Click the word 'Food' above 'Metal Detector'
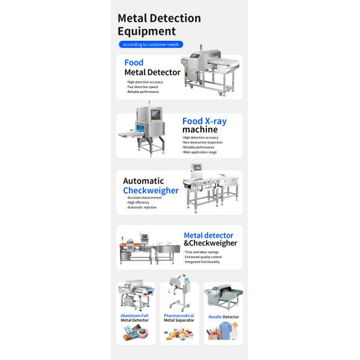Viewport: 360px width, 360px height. pos(134,62)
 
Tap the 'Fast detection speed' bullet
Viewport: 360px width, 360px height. pos(142,86)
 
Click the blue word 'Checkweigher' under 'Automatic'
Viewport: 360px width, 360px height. pos(151,190)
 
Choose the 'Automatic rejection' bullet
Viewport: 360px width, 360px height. pos(142,207)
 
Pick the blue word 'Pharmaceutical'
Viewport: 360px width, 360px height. pos(179,314)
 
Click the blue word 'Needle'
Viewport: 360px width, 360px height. pos(215,316)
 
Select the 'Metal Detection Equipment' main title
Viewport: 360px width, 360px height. pos(159,25)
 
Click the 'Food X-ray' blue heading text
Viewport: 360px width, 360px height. pos(204,121)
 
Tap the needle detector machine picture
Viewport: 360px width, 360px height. pos(223,298)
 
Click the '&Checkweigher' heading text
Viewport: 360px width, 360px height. pos(210,243)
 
